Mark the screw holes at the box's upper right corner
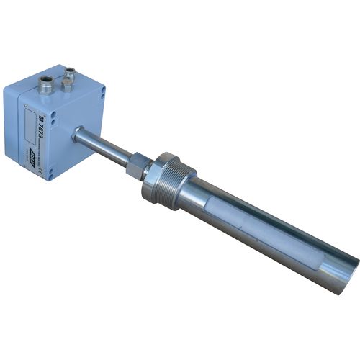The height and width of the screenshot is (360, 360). click(x=103, y=92)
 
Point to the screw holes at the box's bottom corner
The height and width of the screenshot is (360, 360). click(x=50, y=173)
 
